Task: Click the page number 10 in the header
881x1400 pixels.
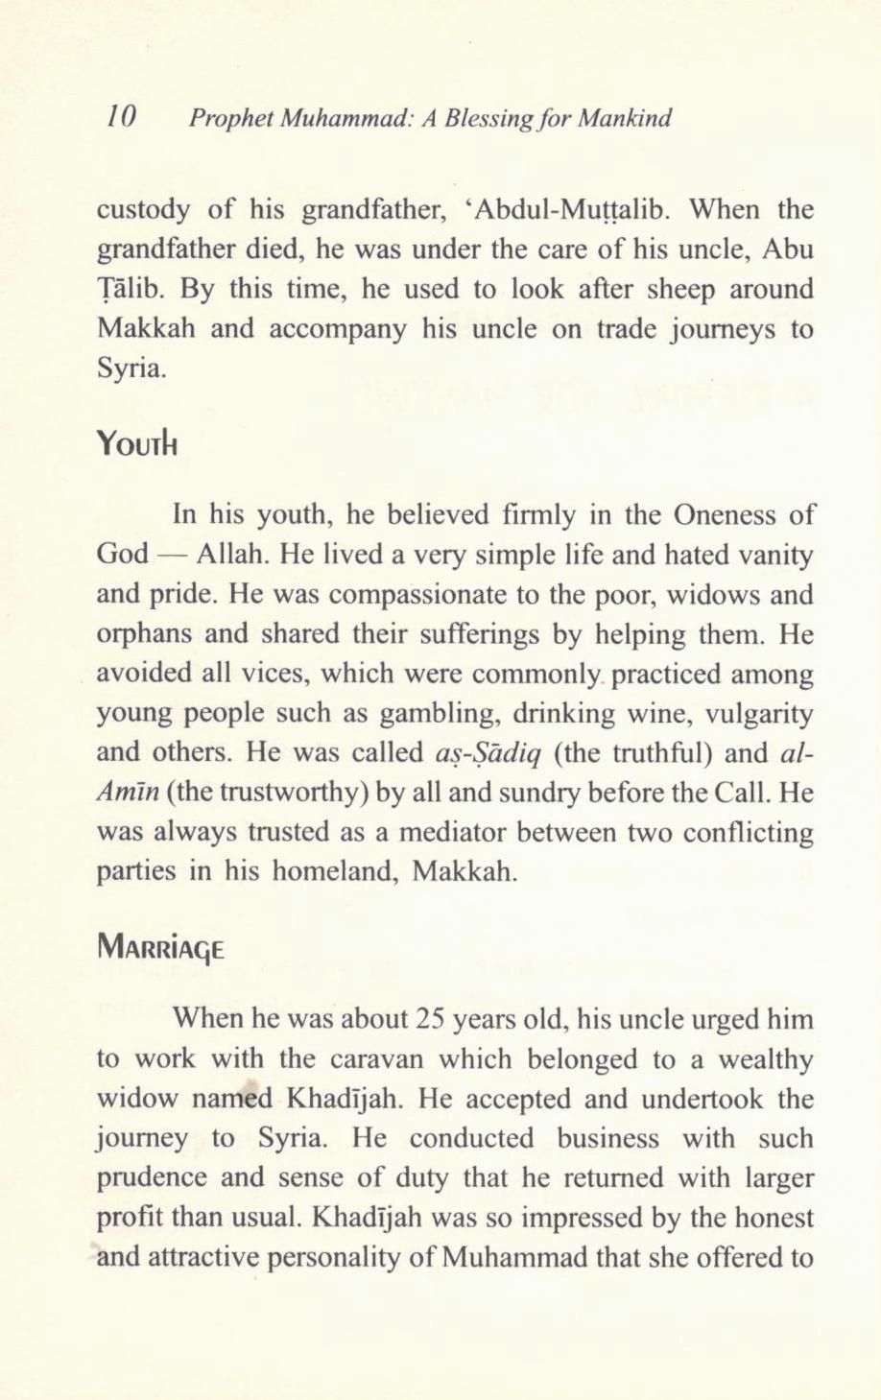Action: coord(124,118)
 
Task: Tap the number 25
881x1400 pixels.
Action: coord(428,1019)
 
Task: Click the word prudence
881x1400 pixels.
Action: coord(151,1178)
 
